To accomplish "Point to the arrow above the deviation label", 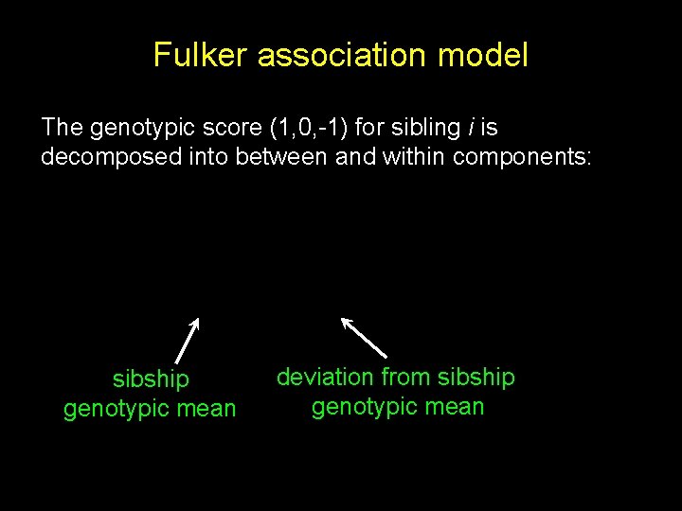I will point(364,337).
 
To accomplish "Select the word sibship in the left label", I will point(151,379).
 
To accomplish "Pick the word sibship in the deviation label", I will point(477,378).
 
